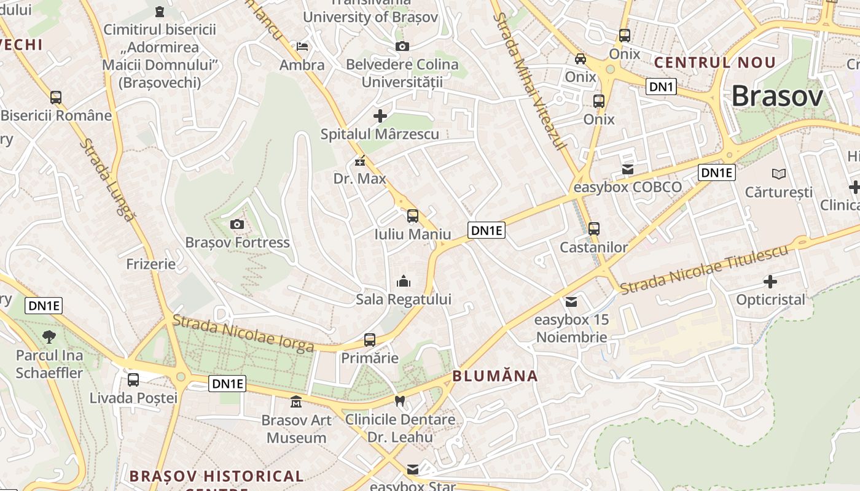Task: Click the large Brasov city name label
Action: pyautogui.click(x=777, y=96)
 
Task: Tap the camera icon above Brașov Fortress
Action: pyautogui.click(x=237, y=224)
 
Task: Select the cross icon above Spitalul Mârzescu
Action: pyautogui.click(x=380, y=115)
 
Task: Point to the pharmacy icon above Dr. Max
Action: pyautogui.click(x=360, y=161)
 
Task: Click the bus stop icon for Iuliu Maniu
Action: pyautogui.click(x=413, y=216)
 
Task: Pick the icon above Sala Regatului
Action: pyautogui.click(x=404, y=281)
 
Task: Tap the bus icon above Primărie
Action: pyautogui.click(x=370, y=339)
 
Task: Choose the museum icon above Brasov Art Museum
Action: pyautogui.click(x=296, y=402)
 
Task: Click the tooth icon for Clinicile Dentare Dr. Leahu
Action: pyautogui.click(x=400, y=401)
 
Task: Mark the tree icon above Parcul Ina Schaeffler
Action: pyautogui.click(x=49, y=336)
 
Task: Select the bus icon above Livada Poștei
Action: pyautogui.click(x=133, y=379)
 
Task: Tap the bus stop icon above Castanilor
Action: pyautogui.click(x=593, y=229)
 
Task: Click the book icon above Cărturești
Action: pyautogui.click(x=779, y=174)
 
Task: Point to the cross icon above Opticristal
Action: pyautogui.click(x=770, y=282)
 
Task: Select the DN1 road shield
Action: pyautogui.click(x=662, y=87)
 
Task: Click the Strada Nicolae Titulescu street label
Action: pyautogui.click(x=704, y=269)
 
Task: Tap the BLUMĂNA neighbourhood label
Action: pyautogui.click(x=495, y=376)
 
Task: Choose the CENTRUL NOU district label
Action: pyautogui.click(x=715, y=63)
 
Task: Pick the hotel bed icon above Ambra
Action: pyautogui.click(x=302, y=47)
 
